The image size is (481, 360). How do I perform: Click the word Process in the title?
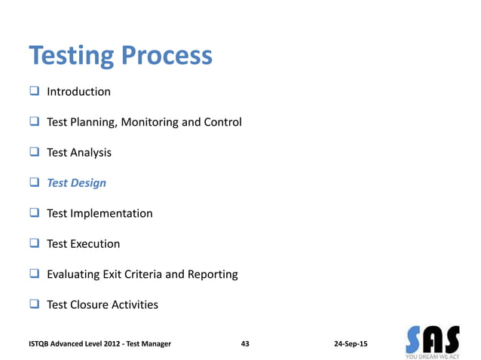pyautogui.click(x=167, y=56)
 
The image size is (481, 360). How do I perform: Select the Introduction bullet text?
pyautogui.click(x=78, y=92)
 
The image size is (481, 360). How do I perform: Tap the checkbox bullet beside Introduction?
pyautogui.click(x=34, y=92)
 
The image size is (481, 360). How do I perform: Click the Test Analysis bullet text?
pyautogui.click(x=79, y=152)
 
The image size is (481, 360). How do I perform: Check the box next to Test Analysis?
pyautogui.click(x=34, y=152)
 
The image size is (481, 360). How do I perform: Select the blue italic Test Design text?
pyautogui.click(x=76, y=183)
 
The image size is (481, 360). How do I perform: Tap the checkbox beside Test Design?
pyautogui.click(x=34, y=183)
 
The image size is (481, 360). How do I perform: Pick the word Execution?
pyautogui.click(x=95, y=244)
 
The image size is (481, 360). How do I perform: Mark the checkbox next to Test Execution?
pyautogui.click(x=34, y=244)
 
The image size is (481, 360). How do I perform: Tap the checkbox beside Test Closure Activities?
pyautogui.click(x=34, y=305)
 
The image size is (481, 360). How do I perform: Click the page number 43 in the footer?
pyautogui.click(x=245, y=343)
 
